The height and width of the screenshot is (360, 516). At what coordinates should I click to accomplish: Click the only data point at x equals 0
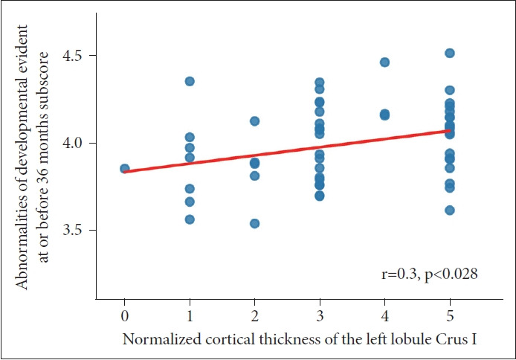pos(125,169)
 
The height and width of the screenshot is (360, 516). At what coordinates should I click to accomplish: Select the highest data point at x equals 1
pos(190,81)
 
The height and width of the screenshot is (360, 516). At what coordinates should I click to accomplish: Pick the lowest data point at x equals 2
pos(254,223)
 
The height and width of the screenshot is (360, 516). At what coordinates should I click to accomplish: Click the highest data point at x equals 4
pos(384,62)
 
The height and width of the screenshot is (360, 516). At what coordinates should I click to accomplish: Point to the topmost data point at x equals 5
pos(449,54)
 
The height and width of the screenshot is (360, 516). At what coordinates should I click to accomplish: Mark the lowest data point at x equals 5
pos(449,210)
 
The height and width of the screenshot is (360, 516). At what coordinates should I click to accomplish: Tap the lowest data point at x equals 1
pos(190,219)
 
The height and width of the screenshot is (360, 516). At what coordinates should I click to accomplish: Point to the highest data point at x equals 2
pos(254,121)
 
